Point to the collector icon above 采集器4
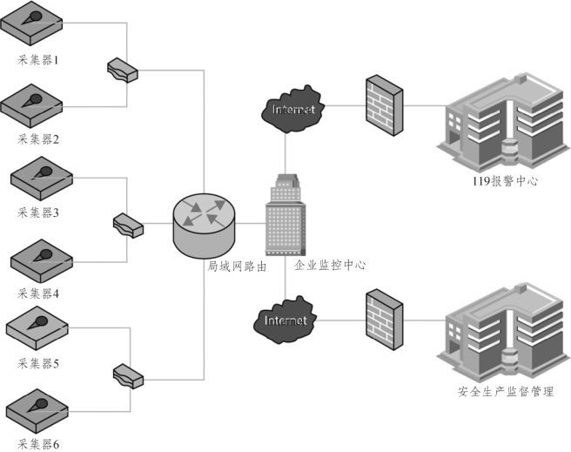[x=40, y=259]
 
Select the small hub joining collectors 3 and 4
[x=130, y=224]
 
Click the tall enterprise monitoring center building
[x=285, y=215]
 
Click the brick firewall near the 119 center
[x=384, y=105]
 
